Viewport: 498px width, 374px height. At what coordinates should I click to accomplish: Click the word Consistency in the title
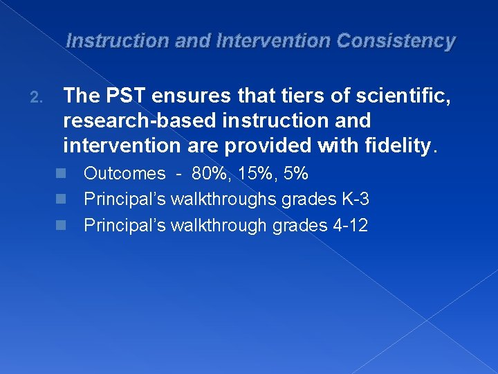tap(396, 42)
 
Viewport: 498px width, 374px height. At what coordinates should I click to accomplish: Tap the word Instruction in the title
tap(117, 41)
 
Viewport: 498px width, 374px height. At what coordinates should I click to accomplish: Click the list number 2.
tap(36, 98)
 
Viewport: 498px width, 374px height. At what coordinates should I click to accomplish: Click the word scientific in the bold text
tap(403, 96)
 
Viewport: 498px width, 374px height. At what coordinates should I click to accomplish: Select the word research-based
tap(140, 121)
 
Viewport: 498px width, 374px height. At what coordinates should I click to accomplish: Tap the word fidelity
tap(401, 146)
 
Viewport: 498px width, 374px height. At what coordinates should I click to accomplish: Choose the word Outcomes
tap(124, 174)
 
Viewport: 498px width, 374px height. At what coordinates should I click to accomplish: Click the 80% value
tap(210, 174)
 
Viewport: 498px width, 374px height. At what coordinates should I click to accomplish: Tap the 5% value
tap(295, 174)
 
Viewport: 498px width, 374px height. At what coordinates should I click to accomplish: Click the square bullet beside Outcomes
tap(61, 173)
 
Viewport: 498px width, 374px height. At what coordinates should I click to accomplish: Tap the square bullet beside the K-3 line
tap(61, 199)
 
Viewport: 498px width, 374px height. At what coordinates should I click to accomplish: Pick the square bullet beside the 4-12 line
tap(61, 225)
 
